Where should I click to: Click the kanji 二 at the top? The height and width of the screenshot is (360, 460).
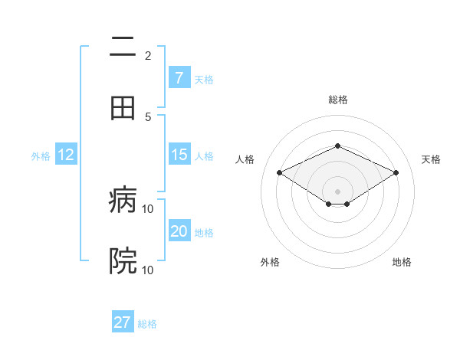point(123,47)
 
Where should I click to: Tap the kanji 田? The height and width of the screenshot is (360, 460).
point(123,108)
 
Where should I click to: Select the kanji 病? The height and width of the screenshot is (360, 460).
point(123,201)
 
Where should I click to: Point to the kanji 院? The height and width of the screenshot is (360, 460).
point(123,261)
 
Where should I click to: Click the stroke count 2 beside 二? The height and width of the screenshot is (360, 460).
point(148,55)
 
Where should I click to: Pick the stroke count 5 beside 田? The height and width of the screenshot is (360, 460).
point(148,116)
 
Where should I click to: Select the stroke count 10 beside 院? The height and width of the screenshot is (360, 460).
point(148,270)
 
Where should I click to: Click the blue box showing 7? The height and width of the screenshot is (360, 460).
point(179,77)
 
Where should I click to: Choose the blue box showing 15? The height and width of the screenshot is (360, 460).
point(179,155)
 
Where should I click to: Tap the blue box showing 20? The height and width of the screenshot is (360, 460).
point(179,231)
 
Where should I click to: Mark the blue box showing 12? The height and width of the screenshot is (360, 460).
point(66,155)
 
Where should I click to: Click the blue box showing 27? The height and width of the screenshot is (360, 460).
point(123,322)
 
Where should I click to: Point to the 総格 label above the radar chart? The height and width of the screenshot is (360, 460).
point(337,100)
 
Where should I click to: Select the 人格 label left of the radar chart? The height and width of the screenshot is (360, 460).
point(245,159)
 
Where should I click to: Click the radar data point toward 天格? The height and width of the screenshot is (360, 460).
point(396,173)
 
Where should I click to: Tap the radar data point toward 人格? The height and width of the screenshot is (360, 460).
point(279,173)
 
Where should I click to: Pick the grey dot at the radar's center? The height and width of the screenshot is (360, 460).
point(337,191)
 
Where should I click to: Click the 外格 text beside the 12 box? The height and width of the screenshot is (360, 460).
point(41,155)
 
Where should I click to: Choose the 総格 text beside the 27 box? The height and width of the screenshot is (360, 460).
point(147,323)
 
